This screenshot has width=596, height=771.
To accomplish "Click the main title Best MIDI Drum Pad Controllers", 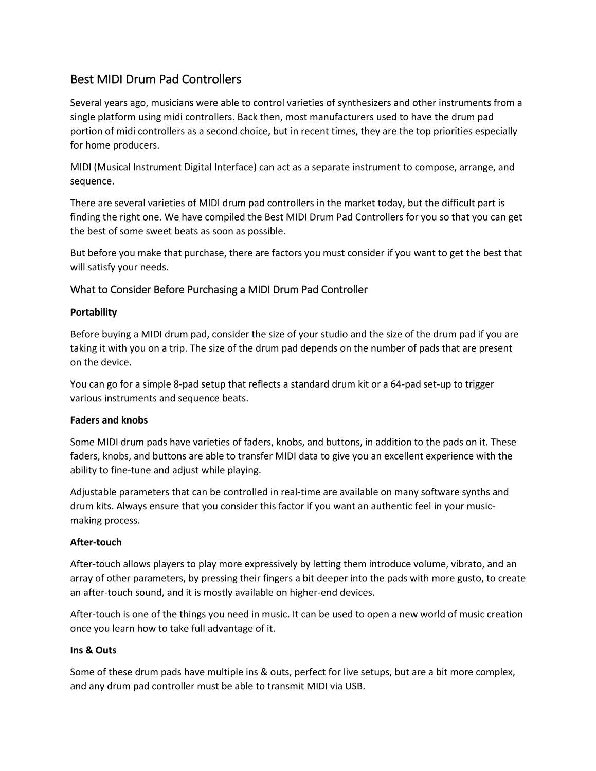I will tap(155, 80).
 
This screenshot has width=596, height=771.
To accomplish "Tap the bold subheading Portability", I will tap(93, 313).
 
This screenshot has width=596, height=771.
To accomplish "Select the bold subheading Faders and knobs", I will tap(109, 420).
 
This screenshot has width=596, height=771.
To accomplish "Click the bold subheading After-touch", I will tap(96, 542).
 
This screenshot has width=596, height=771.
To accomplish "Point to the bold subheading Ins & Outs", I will tap(93, 650).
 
